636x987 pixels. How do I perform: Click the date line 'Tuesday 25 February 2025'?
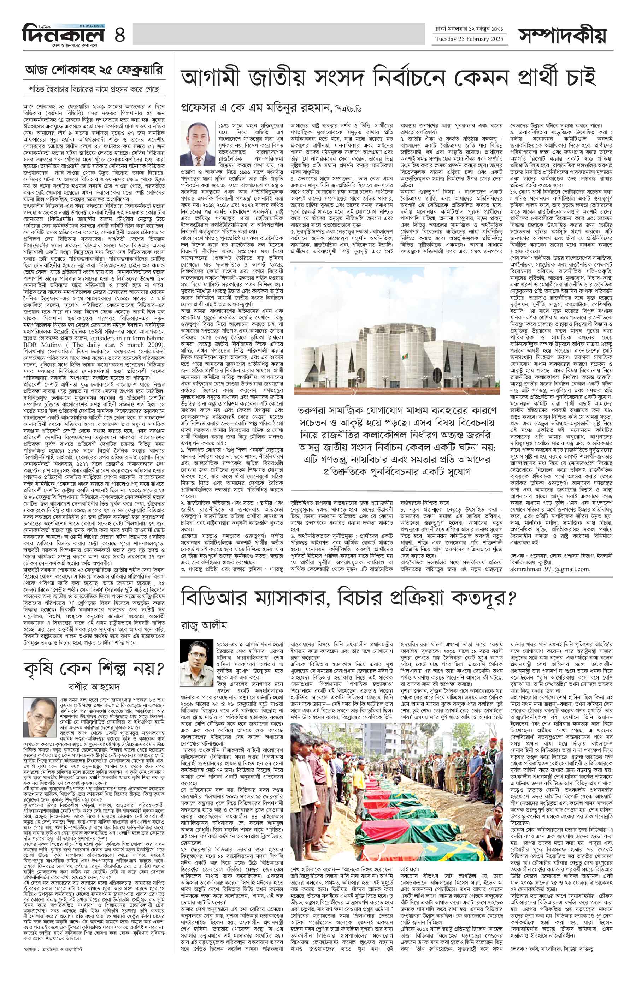(x=469, y=39)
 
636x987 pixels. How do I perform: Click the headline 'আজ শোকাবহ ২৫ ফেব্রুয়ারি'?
(x=94, y=70)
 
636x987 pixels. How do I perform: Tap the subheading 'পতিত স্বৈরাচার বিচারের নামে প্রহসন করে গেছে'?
(x=94, y=89)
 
